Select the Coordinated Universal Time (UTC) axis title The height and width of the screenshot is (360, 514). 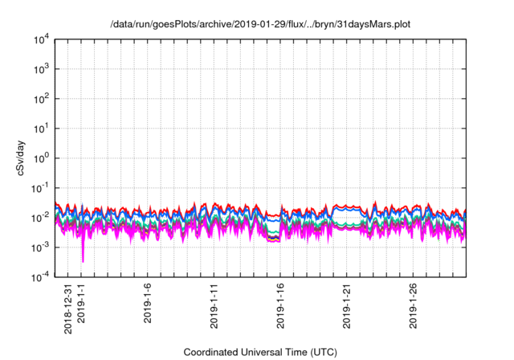pos(260,352)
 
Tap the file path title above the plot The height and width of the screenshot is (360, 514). pos(260,25)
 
